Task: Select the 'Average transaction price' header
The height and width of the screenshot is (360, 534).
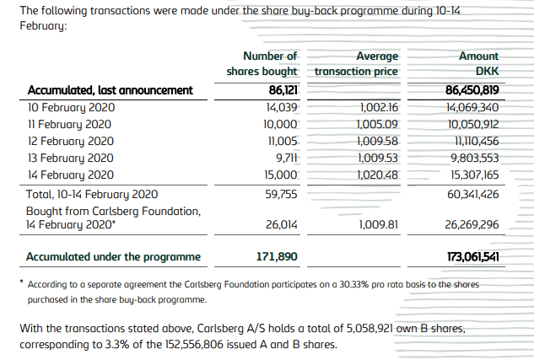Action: [356, 64]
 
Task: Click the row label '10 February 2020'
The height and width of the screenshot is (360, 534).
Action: [71, 107]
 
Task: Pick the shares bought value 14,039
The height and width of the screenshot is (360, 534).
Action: [282, 107]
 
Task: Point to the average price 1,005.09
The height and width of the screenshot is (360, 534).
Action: [378, 124]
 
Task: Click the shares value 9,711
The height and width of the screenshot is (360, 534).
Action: [287, 158]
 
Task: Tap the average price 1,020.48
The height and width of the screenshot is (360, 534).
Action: [378, 175]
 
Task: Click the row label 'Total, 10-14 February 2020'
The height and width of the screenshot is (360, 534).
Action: [92, 194]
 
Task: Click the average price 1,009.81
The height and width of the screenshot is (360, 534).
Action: [378, 225]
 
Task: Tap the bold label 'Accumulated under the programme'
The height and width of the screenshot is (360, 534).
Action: [113, 255]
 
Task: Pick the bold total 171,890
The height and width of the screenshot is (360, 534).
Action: [276, 255]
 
